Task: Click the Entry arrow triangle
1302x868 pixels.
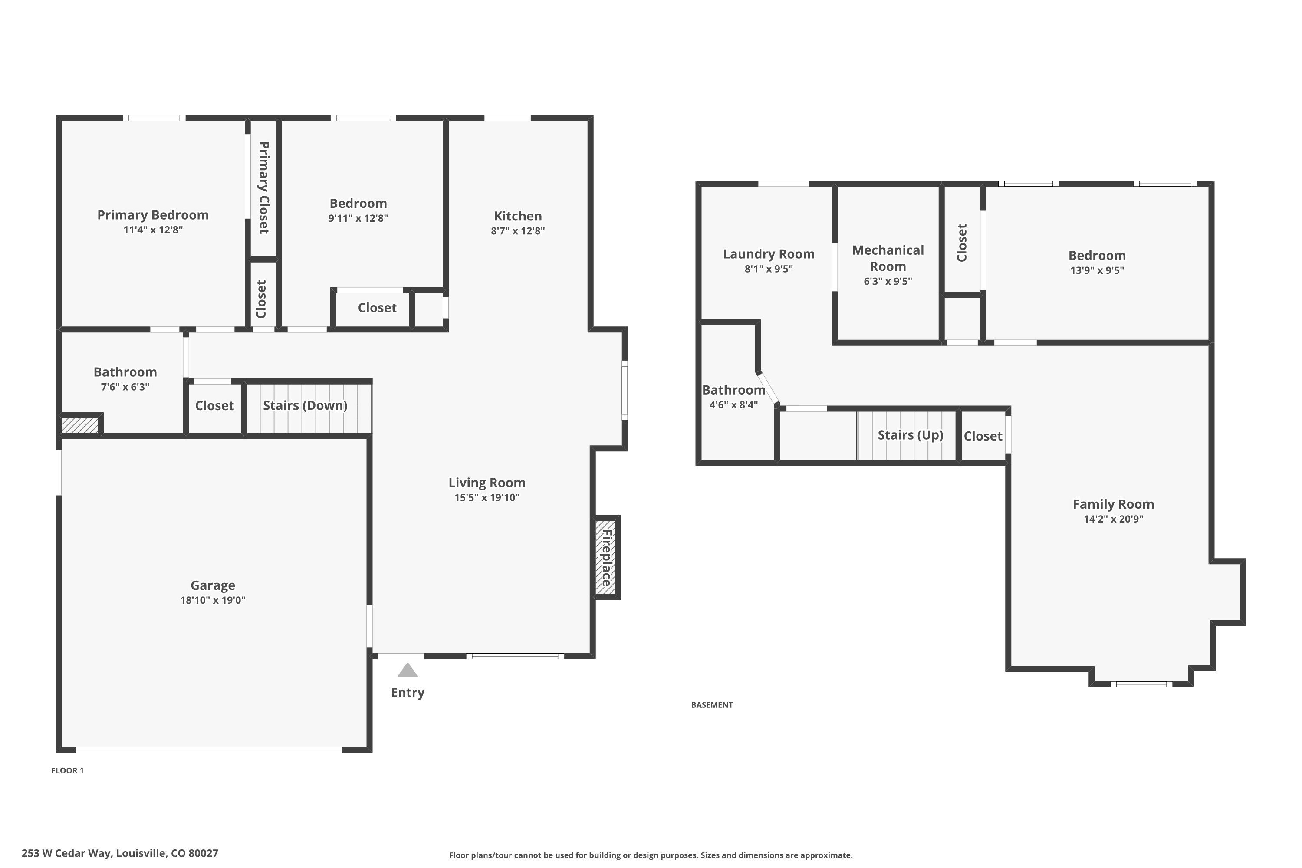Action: tap(408, 671)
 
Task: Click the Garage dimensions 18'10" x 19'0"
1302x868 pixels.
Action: tap(213, 600)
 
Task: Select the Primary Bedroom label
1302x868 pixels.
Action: tap(153, 215)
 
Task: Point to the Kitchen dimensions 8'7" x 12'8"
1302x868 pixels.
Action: tap(518, 231)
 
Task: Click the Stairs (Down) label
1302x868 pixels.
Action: tap(305, 405)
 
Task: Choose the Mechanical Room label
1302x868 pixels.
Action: tap(888, 258)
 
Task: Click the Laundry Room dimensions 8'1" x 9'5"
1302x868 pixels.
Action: tap(768, 269)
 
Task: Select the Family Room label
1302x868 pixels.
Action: tap(1113, 504)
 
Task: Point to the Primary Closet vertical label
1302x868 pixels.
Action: tap(263, 187)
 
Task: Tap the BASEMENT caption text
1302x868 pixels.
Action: tap(712, 705)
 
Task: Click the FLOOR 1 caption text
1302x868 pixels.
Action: tap(68, 770)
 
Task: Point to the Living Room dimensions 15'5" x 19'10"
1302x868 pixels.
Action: tap(487, 497)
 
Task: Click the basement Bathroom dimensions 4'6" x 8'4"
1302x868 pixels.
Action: tap(733, 404)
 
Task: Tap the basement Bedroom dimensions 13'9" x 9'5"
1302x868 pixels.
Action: tap(1097, 270)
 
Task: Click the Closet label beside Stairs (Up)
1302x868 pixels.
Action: tap(983, 436)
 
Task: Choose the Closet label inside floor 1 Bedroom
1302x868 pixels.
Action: tap(377, 308)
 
